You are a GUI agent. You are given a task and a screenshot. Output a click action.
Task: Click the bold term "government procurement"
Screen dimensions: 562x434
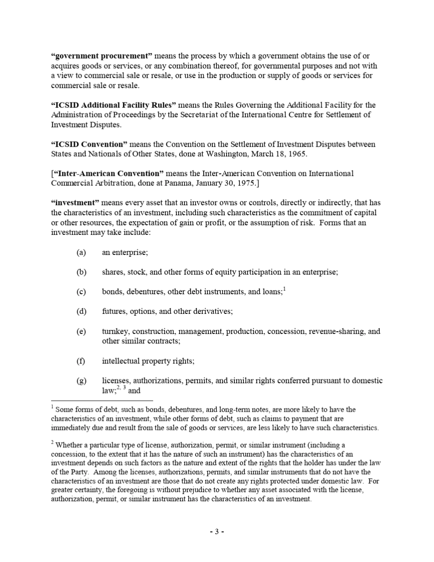pos(101,56)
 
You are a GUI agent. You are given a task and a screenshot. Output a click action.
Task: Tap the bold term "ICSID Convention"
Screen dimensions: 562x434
pos(89,144)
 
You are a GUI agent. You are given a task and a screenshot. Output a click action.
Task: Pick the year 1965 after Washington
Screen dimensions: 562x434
pos(298,154)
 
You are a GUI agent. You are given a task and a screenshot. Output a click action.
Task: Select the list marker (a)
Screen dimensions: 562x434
pos(81,252)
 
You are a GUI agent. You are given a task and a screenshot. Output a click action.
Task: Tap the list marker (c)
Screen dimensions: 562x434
pos(81,292)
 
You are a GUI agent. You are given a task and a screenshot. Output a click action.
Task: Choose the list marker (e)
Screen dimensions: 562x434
pos(81,331)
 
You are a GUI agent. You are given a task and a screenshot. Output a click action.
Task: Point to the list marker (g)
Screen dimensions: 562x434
pos(81,381)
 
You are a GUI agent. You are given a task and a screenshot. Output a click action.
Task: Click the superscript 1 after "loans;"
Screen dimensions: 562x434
pos(284,289)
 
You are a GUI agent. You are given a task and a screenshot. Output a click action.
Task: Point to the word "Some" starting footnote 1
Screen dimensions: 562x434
pos(64,410)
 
